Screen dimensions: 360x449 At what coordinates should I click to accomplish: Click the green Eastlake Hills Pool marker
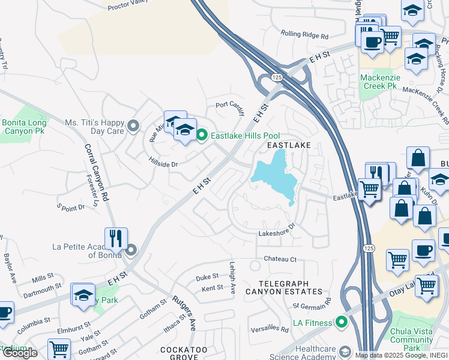click(202, 136)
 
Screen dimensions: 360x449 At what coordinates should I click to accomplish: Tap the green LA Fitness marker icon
click(342, 323)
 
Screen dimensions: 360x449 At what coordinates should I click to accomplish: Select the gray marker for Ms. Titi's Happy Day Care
click(133, 126)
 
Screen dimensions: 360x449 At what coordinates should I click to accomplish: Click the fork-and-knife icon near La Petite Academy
click(116, 238)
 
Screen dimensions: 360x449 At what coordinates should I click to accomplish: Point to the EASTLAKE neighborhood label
click(289, 145)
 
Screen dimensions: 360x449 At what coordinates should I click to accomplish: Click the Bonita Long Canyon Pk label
click(23, 127)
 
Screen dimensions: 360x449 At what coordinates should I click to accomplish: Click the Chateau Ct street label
click(280, 259)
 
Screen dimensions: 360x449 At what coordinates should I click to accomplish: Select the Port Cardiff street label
click(231, 105)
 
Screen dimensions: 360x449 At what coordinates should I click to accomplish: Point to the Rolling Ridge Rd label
click(305, 36)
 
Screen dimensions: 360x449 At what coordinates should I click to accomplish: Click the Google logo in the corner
click(20, 352)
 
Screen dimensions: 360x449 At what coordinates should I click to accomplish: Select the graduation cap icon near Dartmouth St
click(83, 295)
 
